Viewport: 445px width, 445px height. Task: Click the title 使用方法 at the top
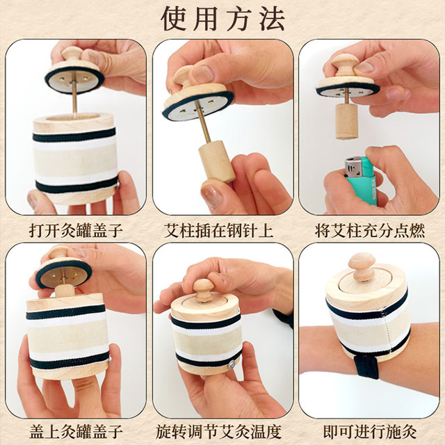222,19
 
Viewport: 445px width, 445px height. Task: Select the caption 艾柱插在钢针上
222,228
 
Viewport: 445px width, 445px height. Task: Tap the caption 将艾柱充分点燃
370,228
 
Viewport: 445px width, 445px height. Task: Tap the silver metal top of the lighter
354,167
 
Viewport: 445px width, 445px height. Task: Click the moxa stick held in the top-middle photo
217,161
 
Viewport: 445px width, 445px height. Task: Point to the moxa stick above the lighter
346,120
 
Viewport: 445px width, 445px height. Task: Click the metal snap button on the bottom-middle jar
230,362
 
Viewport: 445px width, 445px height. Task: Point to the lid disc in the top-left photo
74,78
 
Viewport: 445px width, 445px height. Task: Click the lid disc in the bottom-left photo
63,273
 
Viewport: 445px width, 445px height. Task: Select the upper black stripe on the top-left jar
74,134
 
